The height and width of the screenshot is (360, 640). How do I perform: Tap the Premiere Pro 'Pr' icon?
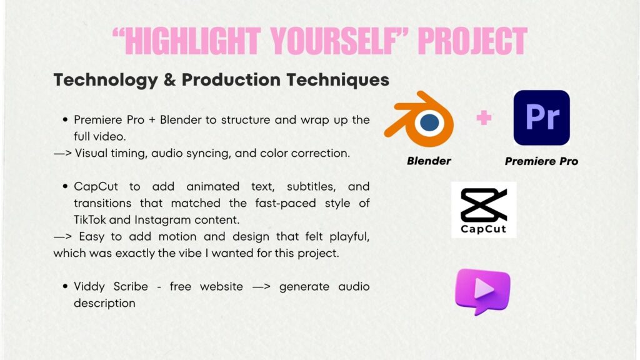(x=542, y=117)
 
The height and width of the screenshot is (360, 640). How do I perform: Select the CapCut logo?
(x=484, y=210)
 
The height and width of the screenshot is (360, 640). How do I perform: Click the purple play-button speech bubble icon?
(x=483, y=291)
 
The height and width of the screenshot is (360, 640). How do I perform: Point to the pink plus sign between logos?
(x=484, y=118)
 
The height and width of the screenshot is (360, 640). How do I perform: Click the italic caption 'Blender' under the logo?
(x=429, y=161)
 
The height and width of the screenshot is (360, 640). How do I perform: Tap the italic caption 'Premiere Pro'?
(x=541, y=161)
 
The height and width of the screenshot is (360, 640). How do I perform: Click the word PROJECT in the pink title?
(x=472, y=41)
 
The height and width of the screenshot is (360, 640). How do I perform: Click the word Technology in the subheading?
(x=106, y=80)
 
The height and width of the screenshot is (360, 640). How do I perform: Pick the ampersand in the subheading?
(x=170, y=79)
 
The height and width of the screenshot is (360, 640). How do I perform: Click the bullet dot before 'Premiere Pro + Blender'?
(x=65, y=120)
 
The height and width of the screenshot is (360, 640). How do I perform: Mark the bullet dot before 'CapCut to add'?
(x=65, y=186)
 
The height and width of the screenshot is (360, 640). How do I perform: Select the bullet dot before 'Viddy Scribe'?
(x=65, y=286)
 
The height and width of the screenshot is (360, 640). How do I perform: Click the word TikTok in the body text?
(x=89, y=219)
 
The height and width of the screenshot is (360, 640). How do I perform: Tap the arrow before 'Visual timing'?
(x=63, y=154)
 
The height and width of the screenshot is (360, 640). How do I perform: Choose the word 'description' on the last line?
(x=104, y=304)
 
